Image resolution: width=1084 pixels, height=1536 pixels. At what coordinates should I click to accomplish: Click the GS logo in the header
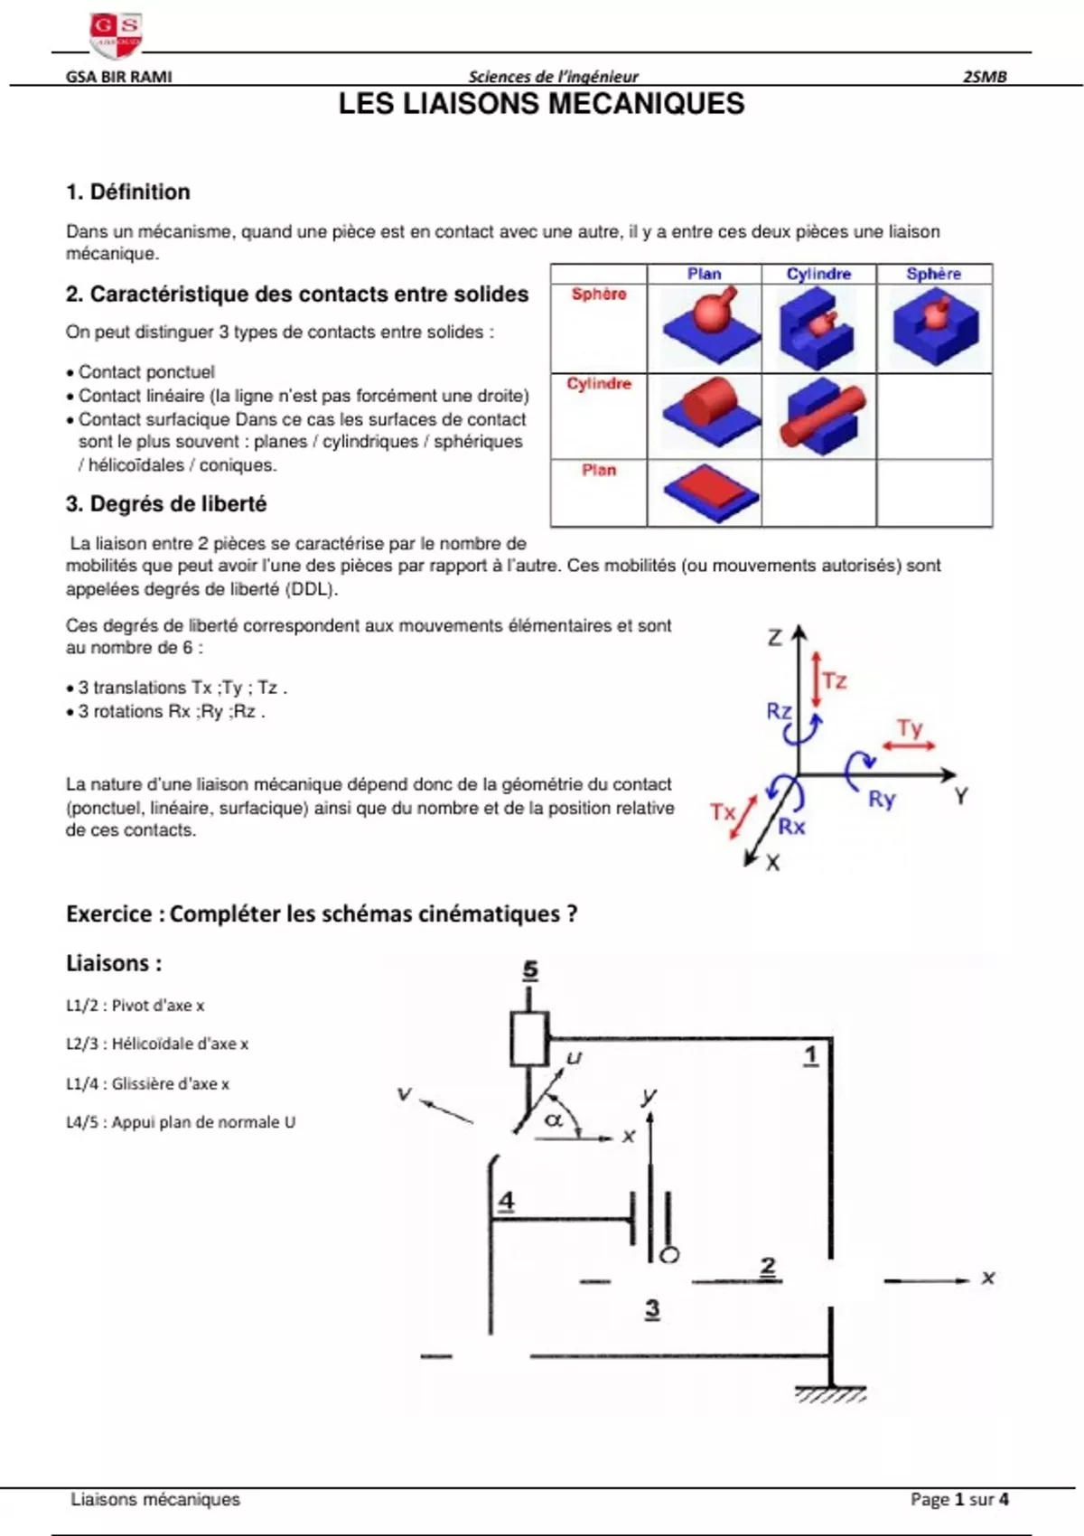click(116, 34)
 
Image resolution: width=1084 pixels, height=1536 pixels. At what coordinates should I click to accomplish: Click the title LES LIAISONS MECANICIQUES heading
click(541, 104)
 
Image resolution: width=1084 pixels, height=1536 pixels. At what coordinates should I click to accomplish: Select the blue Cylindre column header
click(818, 274)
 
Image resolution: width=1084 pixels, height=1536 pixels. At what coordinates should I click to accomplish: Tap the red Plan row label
click(599, 470)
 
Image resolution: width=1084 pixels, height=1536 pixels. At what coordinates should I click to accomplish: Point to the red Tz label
click(835, 680)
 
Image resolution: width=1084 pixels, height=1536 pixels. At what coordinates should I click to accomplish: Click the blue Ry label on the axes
click(881, 799)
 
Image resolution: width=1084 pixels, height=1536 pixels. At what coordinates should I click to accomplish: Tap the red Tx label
click(723, 811)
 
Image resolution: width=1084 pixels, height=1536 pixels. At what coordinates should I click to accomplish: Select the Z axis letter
click(775, 638)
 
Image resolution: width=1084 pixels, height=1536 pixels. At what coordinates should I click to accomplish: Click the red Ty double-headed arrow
click(909, 745)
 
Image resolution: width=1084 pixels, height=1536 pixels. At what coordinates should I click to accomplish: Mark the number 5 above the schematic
click(530, 969)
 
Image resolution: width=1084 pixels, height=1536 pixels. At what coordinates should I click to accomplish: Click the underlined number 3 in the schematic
click(652, 1308)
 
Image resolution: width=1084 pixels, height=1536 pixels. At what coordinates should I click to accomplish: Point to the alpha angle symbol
click(554, 1119)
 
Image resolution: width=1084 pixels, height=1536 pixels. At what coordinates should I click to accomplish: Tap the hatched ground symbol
click(830, 1395)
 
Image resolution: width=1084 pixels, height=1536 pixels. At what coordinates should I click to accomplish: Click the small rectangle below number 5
click(529, 1039)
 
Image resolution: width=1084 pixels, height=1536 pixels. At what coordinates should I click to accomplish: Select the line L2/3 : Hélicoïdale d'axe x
click(157, 1044)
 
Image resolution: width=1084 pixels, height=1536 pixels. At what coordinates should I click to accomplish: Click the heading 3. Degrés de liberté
click(166, 504)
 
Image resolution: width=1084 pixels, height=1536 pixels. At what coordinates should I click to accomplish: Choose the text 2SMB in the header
click(985, 77)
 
